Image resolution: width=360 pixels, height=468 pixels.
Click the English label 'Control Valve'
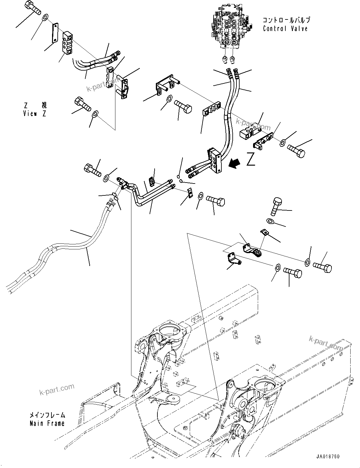pos(285,29)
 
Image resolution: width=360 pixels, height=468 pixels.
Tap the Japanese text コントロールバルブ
pos(286,20)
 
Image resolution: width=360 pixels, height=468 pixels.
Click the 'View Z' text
pos(35,114)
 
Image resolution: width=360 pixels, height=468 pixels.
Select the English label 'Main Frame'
pos(47,423)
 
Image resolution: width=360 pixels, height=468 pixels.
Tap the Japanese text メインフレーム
pos(47,415)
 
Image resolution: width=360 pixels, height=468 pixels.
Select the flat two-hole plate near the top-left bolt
pos(55,32)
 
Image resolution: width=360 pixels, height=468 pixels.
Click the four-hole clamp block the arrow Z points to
pos(215,161)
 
